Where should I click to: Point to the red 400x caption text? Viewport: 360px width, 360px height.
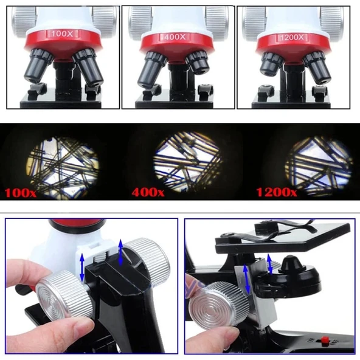click(x=148, y=193)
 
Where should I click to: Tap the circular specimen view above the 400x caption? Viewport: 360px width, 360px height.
click(x=187, y=159)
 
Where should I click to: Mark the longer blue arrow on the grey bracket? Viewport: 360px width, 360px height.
click(x=245, y=280)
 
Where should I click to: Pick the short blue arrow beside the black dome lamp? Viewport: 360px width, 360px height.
click(x=269, y=263)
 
